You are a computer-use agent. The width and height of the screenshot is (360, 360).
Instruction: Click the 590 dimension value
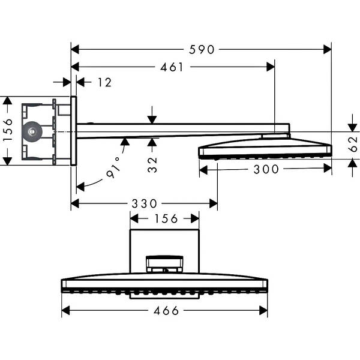pyautogui.click(x=202, y=50)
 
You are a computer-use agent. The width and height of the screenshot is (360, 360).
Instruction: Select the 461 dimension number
pyautogui.click(x=172, y=67)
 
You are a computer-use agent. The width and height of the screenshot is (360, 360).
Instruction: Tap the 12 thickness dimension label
pyautogui.click(x=104, y=82)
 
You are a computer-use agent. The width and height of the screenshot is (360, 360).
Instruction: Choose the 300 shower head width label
pyautogui.click(x=266, y=169)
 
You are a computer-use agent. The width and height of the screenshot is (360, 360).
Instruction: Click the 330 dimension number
pyautogui.click(x=145, y=203)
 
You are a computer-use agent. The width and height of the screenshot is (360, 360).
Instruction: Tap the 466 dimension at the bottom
pyautogui.click(x=166, y=310)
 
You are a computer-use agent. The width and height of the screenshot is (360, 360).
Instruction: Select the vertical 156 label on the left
pyautogui.click(x=8, y=130)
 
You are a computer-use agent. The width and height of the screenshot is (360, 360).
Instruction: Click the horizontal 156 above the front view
pyautogui.click(x=165, y=218)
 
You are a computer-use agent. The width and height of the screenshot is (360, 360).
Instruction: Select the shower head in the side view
pyautogui.click(x=265, y=148)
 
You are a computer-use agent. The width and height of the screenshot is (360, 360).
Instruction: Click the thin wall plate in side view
pyautogui.click(x=73, y=130)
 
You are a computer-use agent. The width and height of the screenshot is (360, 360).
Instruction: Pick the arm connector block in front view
pyautogui.click(x=164, y=263)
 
